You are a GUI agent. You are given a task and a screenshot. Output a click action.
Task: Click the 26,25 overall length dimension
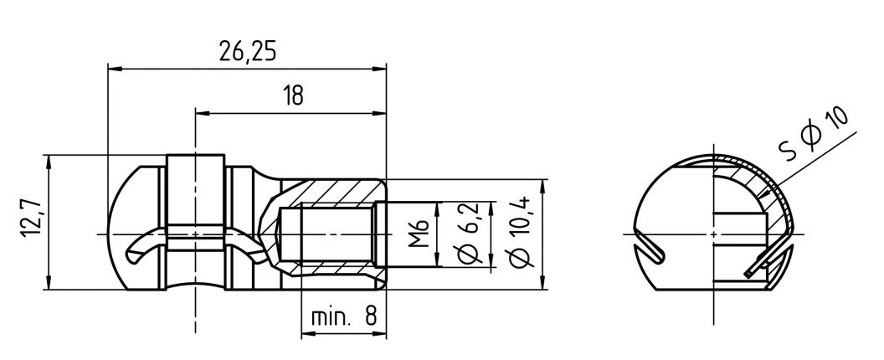click(248, 52)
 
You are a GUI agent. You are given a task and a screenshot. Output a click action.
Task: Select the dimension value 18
click(292, 95)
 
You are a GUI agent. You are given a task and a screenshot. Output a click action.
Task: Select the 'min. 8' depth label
click(344, 317)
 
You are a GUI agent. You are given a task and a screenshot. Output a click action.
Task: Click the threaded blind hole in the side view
click(326, 234)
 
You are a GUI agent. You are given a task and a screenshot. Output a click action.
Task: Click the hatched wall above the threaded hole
click(335, 191)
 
